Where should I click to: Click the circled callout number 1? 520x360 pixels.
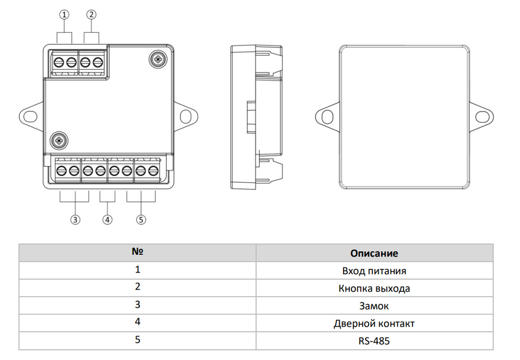pyautogui.click(x=64, y=15)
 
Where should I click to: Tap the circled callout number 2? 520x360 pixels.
pyautogui.click(x=92, y=15)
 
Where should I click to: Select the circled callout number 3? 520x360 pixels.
pyautogui.click(x=76, y=220)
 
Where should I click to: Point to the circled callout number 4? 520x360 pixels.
pyautogui.click(x=107, y=220)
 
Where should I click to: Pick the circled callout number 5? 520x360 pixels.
pyautogui.click(x=141, y=220)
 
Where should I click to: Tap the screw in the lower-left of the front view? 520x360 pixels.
pyautogui.click(x=60, y=140)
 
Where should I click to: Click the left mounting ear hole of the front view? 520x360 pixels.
pyautogui.click(x=30, y=114)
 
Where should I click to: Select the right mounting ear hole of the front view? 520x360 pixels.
pyautogui.click(x=186, y=114)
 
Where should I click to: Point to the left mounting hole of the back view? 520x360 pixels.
pyautogui.click(x=327, y=114)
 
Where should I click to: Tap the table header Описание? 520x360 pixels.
pyautogui.click(x=374, y=253)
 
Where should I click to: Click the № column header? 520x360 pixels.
pyautogui.click(x=137, y=252)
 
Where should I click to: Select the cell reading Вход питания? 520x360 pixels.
pyautogui.click(x=374, y=271)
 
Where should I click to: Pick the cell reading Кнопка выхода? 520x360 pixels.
pyautogui.click(x=374, y=288)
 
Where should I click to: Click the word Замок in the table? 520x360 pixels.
pyautogui.click(x=374, y=306)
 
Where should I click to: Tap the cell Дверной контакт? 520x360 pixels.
pyautogui.click(x=374, y=324)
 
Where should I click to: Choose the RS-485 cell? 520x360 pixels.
pyautogui.click(x=374, y=341)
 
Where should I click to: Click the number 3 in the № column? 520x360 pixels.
pyautogui.click(x=137, y=305)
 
